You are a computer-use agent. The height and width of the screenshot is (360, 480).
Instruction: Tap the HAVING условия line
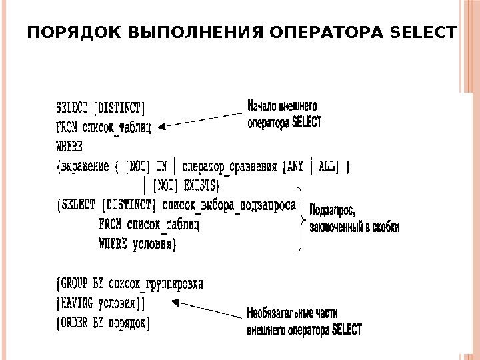point(100,304)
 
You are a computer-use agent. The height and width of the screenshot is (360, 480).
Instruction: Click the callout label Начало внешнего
point(283,105)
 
